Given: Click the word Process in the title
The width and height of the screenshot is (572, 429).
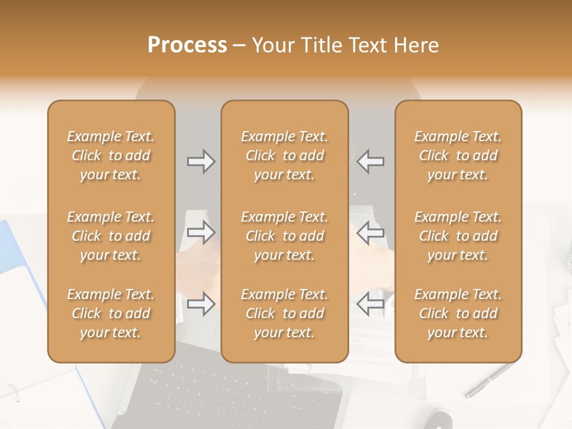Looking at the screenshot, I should click(x=187, y=45).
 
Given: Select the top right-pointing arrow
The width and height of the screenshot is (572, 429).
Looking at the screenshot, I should click(x=201, y=161).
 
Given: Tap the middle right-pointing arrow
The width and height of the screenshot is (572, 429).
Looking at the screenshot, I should click(x=201, y=232).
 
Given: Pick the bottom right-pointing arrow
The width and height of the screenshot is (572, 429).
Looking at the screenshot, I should click(x=201, y=304).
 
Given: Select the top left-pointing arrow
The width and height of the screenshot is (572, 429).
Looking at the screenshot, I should click(x=371, y=161).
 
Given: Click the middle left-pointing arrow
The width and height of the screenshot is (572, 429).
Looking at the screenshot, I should click(x=371, y=232).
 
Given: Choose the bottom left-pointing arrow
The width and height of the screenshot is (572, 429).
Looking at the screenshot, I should click(x=371, y=304).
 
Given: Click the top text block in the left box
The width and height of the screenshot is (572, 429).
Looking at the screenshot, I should click(x=111, y=156).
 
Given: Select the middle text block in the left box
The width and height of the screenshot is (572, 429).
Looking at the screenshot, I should click(x=111, y=236).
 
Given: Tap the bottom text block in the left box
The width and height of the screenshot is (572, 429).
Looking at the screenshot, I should click(x=111, y=313).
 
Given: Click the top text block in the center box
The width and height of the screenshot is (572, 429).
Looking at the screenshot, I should click(x=285, y=156).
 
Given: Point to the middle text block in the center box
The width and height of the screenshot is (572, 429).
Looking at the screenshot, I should click(x=285, y=236).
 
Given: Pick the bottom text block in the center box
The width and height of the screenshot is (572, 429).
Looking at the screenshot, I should click(x=285, y=313).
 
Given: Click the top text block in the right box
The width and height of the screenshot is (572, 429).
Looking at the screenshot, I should click(x=458, y=156).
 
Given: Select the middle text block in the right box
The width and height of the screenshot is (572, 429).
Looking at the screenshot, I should click(x=458, y=236).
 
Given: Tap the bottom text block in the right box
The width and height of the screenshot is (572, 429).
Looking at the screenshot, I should click(x=458, y=313).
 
